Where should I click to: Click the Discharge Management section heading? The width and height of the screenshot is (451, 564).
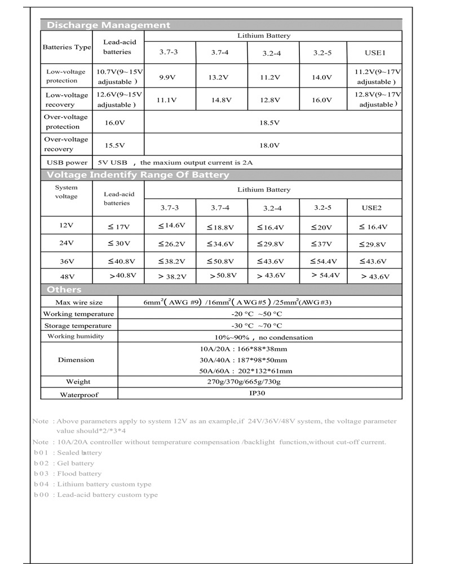point(108,25)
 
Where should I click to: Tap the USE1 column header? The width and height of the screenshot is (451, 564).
point(374,53)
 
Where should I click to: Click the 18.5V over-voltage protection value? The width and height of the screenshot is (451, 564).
point(273,122)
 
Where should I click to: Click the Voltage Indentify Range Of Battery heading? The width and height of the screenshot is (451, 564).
point(138,175)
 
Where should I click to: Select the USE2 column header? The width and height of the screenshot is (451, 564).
point(372,208)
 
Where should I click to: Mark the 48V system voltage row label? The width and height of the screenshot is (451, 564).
point(67,276)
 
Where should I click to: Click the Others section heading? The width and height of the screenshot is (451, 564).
point(60,289)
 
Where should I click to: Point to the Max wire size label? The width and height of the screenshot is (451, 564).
point(79,303)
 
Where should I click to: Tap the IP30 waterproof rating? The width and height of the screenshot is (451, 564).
point(257,394)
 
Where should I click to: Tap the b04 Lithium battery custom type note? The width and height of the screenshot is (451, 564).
point(92,484)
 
